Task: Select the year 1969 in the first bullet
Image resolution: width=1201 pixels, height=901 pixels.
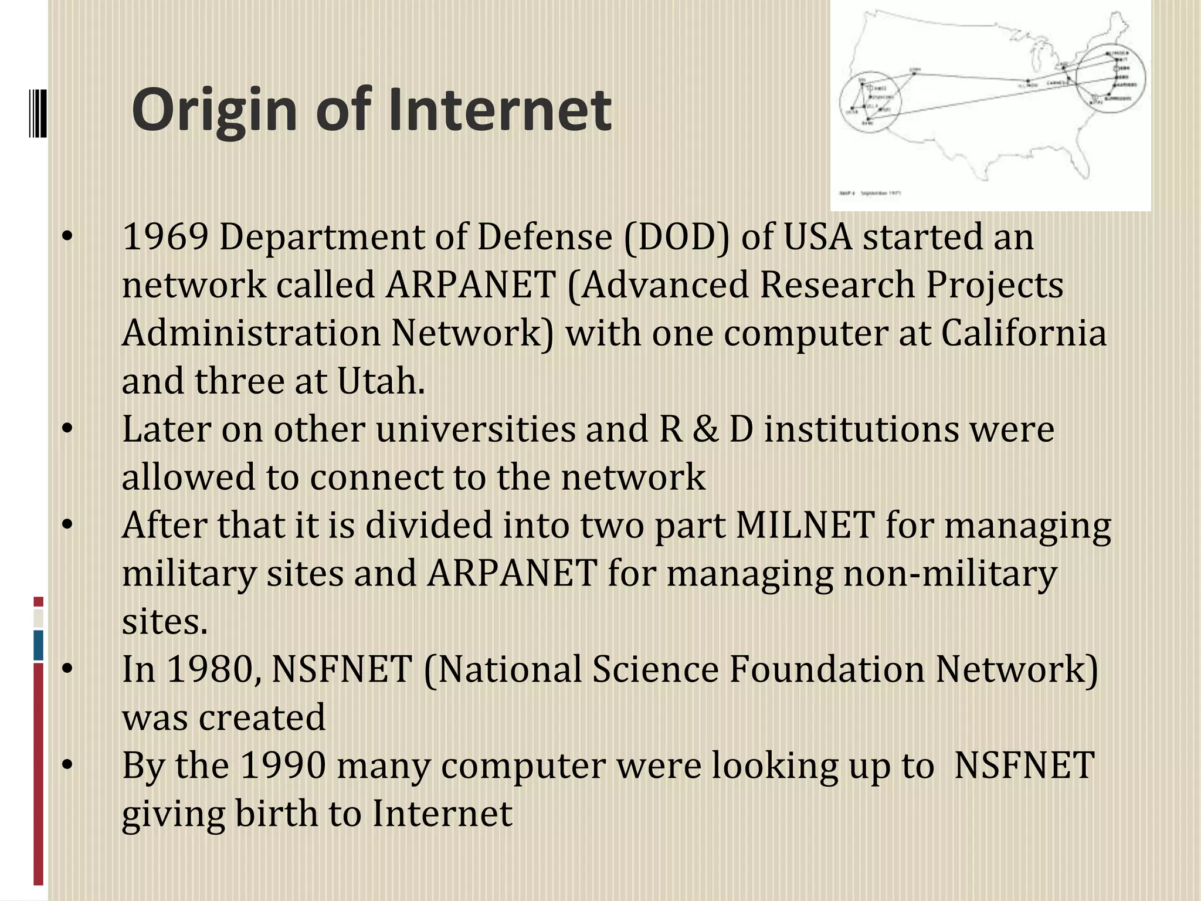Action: pos(165,237)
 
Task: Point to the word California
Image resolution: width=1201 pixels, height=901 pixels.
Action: pos(1024,333)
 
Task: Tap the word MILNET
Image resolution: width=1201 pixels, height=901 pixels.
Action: pos(805,525)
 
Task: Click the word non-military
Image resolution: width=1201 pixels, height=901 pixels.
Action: pos(949,573)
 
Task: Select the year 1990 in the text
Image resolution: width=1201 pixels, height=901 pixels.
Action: pos(283,765)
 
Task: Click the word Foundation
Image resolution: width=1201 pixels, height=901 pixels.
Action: pos(826,669)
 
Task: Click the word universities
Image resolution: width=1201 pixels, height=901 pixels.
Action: pos(476,429)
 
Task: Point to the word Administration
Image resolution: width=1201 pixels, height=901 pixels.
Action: pos(251,333)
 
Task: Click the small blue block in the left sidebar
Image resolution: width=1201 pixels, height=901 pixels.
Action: pos(39,645)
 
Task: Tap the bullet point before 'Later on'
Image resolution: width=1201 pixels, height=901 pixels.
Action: pos(68,429)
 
